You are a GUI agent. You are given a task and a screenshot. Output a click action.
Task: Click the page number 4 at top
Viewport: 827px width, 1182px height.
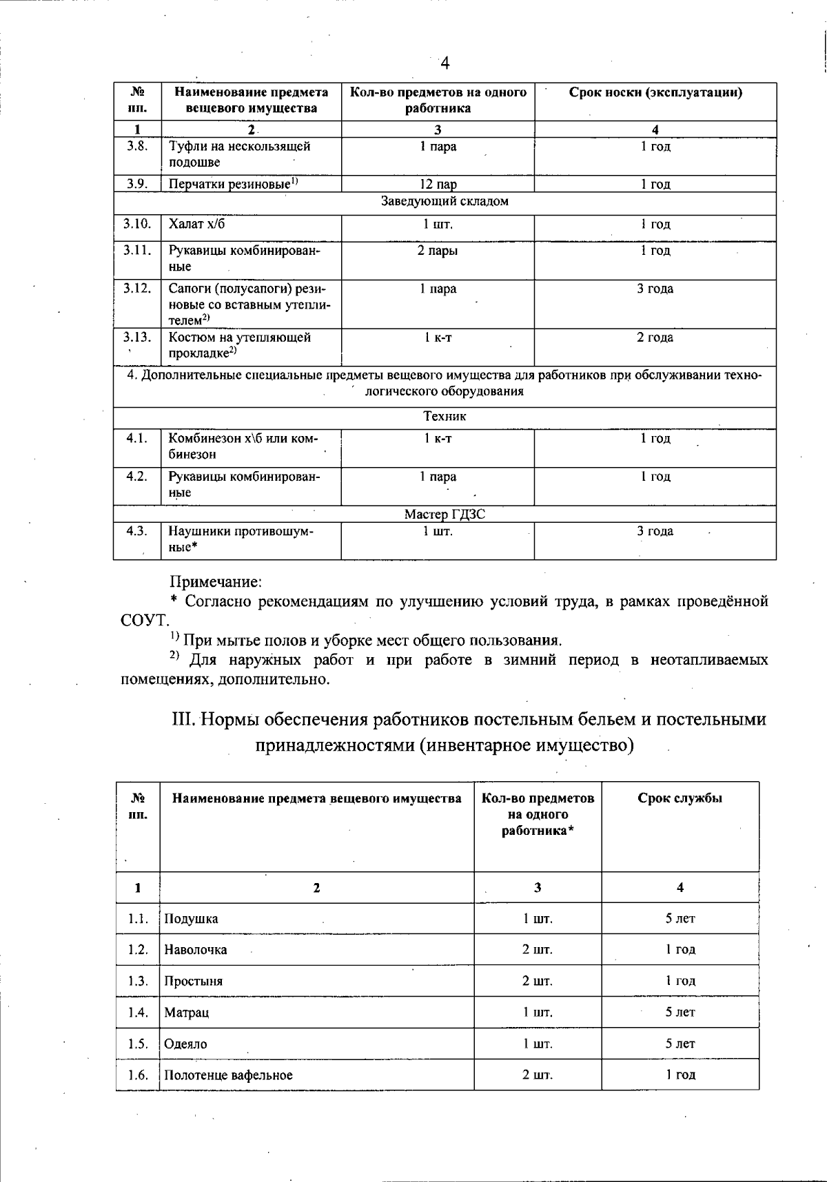(445, 64)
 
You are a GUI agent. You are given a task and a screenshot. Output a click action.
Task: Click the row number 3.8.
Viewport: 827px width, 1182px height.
(136, 146)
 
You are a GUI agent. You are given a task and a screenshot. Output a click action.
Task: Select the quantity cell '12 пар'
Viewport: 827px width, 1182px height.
(438, 184)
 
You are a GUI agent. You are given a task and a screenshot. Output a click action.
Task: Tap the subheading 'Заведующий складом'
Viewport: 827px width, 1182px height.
(445, 201)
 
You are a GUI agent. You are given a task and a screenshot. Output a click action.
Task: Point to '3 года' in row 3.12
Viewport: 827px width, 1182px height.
(655, 289)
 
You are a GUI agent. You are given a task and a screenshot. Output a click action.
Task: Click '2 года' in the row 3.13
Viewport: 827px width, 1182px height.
(655, 338)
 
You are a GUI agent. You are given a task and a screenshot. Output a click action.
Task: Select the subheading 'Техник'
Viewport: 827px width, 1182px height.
(445, 417)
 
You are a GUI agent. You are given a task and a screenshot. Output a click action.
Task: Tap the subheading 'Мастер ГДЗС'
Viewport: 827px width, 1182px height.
(445, 515)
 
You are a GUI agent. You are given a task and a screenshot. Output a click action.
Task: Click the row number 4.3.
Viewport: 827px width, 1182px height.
(136, 531)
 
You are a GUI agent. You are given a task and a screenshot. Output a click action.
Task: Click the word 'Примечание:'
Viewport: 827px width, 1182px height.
(216, 582)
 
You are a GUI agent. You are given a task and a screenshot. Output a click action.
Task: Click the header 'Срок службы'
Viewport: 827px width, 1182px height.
(680, 799)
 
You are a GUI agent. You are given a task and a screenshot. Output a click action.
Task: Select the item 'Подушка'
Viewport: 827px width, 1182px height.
(191, 919)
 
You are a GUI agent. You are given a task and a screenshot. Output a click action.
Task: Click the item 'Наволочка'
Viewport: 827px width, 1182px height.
(195, 950)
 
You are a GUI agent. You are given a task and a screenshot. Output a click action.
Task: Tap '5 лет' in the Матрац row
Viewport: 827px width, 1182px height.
(680, 1013)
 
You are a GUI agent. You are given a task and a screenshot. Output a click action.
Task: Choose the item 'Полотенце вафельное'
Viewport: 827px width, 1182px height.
(228, 1075)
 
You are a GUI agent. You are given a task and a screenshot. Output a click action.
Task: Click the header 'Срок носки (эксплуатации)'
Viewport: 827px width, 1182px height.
(655, 93)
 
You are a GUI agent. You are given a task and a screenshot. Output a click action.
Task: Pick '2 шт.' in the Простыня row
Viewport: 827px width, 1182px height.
(537, 981)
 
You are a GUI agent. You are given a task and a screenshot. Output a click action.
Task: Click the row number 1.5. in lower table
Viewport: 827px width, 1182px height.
(138, 1044)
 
